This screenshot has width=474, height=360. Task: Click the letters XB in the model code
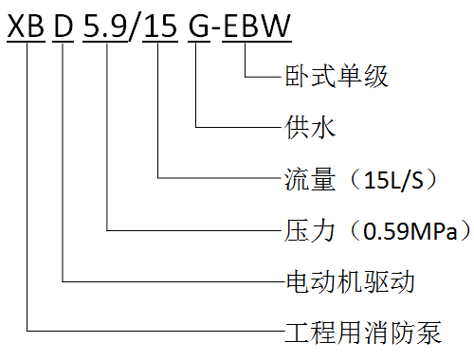tap(26, 26)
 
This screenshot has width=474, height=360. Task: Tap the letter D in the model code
tap(64, 26)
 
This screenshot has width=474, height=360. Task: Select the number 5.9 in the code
tap(105, 26)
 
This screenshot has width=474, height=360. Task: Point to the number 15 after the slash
tap(160, 26)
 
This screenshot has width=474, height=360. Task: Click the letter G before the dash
tap(199, 26)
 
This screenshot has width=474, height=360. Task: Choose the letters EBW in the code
tap(257, 26)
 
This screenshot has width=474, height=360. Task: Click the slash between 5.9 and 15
tap(134, 27)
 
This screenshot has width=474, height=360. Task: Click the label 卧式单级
tap(337, 77)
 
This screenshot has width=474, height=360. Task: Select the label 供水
tap(310, 127)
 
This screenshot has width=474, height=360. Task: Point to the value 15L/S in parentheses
tap(393, 180)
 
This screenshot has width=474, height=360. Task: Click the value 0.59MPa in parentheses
tap(410, 231)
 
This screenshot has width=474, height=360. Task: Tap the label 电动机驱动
tap(350, 281)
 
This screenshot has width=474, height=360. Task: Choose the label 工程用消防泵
tap(363, 333)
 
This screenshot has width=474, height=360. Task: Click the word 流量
tap(310, 179)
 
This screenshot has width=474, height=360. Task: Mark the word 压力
tap(310, 231)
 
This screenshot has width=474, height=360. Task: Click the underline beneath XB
tap(26, 42)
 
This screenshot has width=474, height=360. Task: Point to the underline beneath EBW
tap(257, 42)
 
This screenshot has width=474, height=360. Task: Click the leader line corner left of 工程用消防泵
tap(27, 331)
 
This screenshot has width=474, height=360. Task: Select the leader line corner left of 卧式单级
tap(246, 77)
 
